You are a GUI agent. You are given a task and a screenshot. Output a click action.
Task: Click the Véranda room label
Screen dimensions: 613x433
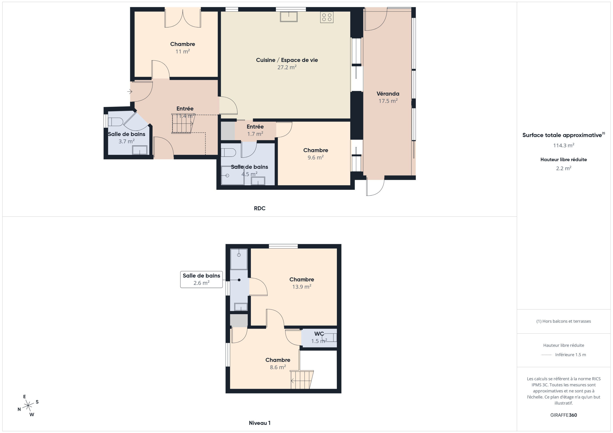pyautogui.click(x=388, y=93)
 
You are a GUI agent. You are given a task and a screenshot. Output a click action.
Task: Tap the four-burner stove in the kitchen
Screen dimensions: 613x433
pyautogui.click(x=327, y=17)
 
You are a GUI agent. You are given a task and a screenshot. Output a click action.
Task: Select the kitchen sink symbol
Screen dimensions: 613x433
pyautogui.click(x=289, y=16)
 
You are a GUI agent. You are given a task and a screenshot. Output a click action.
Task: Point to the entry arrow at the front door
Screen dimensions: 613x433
pyautogui.click(x=130, y=92)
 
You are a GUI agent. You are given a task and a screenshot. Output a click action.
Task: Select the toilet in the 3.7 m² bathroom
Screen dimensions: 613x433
pyautogui.click(x=115, y=122)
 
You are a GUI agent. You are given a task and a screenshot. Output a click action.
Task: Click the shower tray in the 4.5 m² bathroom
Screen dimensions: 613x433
pyautogui.click(x=233, y=175)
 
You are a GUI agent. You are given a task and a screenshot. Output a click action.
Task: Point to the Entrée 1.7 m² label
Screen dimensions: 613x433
pyautogui.click(x=255, y=130)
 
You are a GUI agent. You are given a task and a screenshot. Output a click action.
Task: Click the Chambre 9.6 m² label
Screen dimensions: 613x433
pyautogui.click(x=316, y=153)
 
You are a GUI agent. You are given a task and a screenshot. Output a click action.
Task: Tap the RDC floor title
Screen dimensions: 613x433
pyautogui.click(x=260, y=208)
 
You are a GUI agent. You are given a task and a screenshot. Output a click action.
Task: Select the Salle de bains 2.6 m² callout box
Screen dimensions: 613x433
pyautogui.click(x=201, y=279)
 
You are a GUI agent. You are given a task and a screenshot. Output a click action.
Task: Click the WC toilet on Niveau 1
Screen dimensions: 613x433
pyautogui.click(x=329, y=338)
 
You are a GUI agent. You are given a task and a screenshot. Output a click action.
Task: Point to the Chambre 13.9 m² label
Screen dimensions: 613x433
pyautogui.click(x=302, y=283)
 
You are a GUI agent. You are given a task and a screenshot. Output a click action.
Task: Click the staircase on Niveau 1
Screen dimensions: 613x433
pyautogui.click(x=302, y=379)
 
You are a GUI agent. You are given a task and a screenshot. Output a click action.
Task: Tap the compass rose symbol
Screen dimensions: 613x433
pyautogui.click(x=28, y=406)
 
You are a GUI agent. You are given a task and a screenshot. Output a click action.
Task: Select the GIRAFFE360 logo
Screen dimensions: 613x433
pyautogui.click(x=563, y=415)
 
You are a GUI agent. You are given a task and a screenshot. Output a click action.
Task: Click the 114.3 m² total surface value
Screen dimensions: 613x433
pyautogui.click(x=563, y=145)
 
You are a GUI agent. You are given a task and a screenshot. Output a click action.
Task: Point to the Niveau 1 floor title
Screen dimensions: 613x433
pyautogui.click(x=260, y=423)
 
